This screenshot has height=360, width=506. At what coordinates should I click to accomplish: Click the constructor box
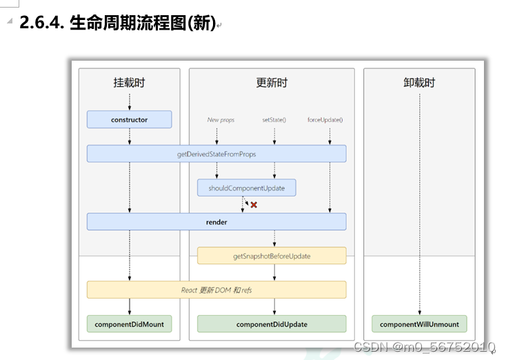(x=129, y=119)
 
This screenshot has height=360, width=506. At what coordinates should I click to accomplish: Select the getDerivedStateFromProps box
(x=216, y=154)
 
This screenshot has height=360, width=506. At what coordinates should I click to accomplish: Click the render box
(x=216, y=222)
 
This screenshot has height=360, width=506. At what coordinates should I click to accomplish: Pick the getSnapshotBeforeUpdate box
(x=272, y=256)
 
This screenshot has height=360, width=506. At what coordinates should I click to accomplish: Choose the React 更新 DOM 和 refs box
(x=216, y=290)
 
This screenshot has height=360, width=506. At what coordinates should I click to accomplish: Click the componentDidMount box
(x=129, y=324)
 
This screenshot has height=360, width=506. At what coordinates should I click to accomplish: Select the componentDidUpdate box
(x=272, y=324)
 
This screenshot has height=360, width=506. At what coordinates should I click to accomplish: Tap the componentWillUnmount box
(x=419, y=324)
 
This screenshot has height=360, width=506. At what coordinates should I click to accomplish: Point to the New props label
(x=221, y=120)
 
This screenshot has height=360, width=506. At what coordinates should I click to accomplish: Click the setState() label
(x=274, y=120)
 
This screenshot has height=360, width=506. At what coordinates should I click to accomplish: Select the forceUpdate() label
(x=325, y=120)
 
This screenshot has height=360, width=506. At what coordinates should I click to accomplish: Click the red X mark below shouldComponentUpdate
(x=254, y=205)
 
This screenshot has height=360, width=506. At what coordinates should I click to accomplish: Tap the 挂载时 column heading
(x=129, y=83)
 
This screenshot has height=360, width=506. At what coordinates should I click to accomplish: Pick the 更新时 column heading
(x=272, y=83)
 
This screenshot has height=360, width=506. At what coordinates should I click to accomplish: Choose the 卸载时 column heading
(x=419, y=83)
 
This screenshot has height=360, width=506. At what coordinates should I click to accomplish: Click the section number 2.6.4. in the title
(x=41, y=23)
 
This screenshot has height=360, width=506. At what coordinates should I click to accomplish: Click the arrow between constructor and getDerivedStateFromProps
(x=130, y=137)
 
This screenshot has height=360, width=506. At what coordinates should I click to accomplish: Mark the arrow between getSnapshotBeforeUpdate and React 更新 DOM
(x=274, y=272)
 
